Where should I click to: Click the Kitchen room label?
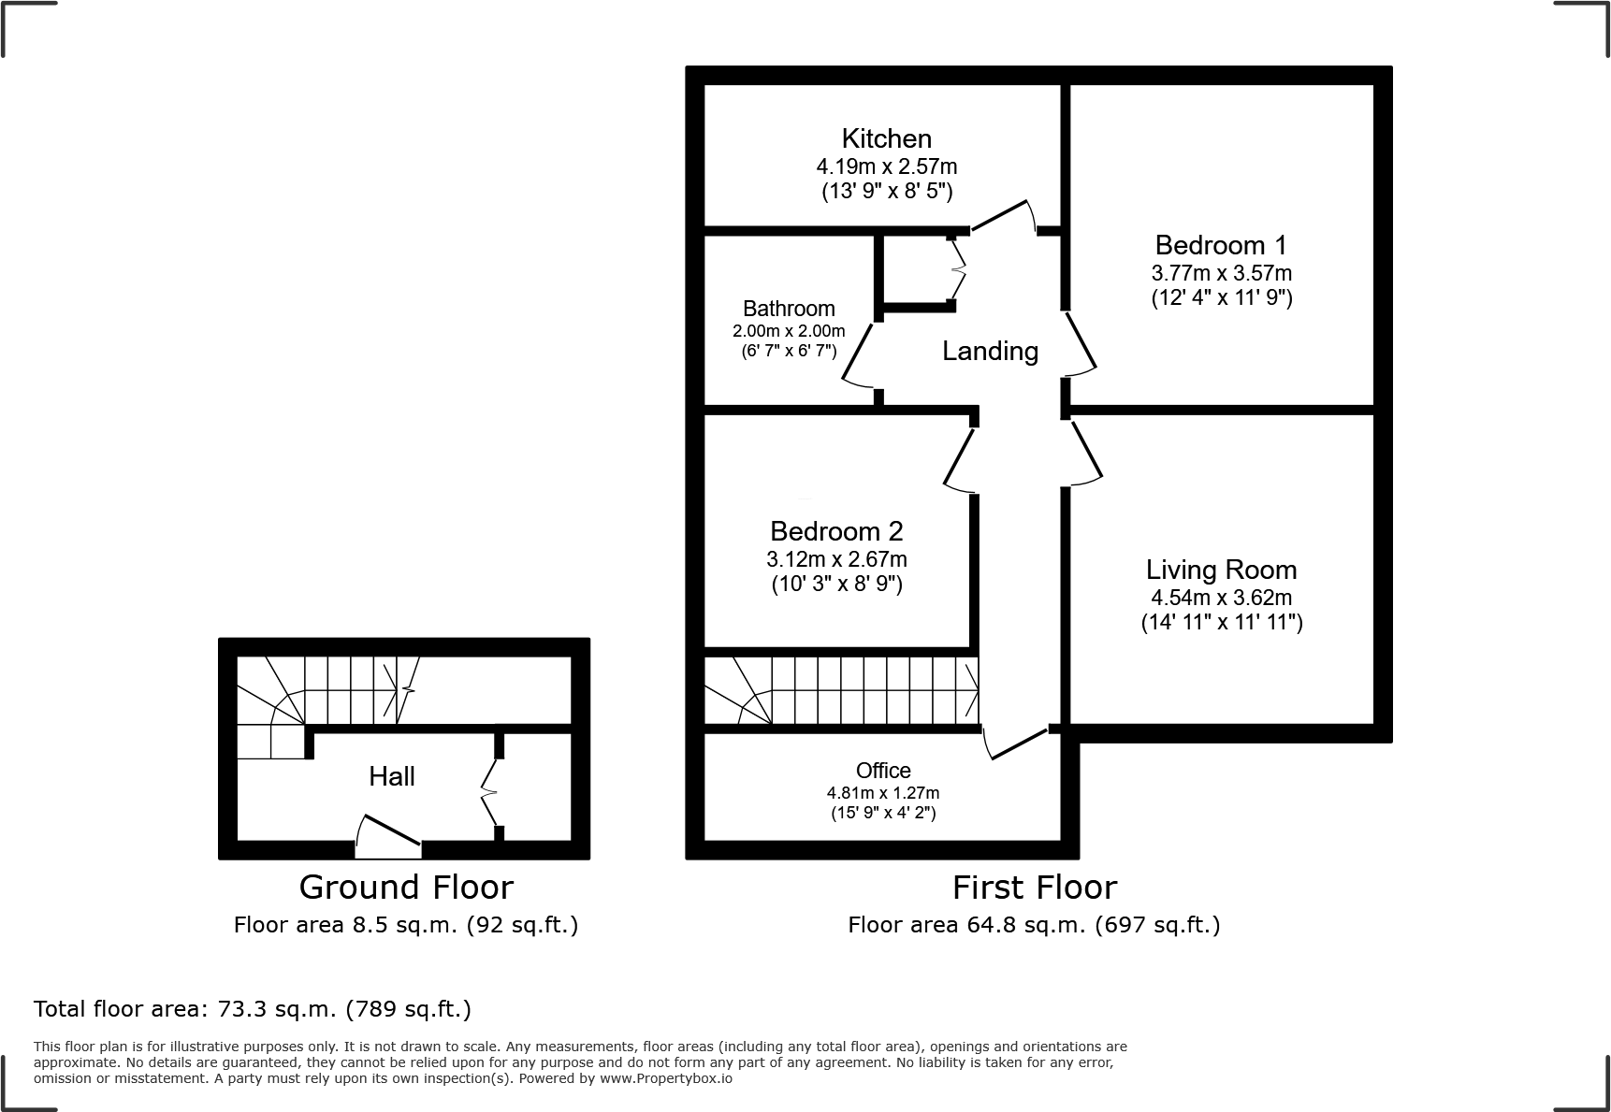pyautogui.click(x=886, y=138)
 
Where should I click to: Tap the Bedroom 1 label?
pyautogui.click(x=1220, y=245)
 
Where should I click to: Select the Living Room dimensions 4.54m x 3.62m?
pyautogui.click(x=1221, y=597)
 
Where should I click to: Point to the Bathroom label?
pyautogui.click(x=789, y=309)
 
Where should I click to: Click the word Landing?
pyautogui.click(x=990, y=351)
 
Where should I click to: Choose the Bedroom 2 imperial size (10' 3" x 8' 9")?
pyautogui.click(x=836, y=585)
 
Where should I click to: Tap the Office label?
pyautogui.click(x=883, y=770)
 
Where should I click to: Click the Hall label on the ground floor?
pyautogui.click(x=391, y=775)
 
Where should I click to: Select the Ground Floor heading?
pyautogui.click(x=406, y=887)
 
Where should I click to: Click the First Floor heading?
pyautogui.click(x=1034, y=887)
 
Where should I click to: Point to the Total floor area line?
pyautogui.click(x=253, y=1009)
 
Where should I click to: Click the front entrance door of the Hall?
pyautogui.click(x=388, y=838)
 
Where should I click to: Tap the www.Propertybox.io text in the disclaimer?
pyautogui.click(x=665, y=1078)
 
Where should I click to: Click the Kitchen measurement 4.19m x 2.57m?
pyautogui.click(x=886, y=166)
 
